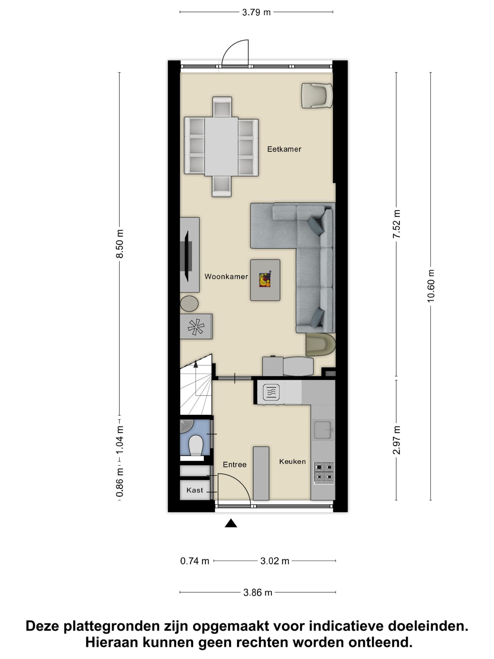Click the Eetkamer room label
click(x=284, y=149)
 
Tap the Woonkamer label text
click(x=226, y=277)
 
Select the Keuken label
click(x=292, y=462)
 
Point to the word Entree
click(x=235, y=464)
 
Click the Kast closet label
click(x=195, y=490)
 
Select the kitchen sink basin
click(x=323, y=430)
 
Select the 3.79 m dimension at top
click(x=256, y=12)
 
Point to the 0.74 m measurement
click(x=195, y=561)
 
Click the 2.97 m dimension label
click(x=396, y=440)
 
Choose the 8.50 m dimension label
click(x=120, y=243)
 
